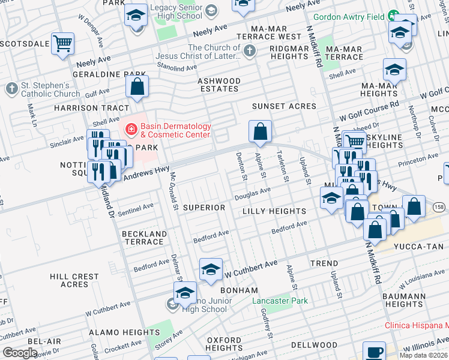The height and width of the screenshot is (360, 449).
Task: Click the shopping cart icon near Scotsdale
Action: coord(63,44)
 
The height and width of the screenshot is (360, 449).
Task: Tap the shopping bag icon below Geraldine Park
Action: coord(137,86)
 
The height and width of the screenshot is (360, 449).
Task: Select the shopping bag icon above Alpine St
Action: coord(260,131)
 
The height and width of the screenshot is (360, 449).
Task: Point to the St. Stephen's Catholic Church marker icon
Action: coord(11,89)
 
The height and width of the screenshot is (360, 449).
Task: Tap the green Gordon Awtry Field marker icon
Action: coord(393,16)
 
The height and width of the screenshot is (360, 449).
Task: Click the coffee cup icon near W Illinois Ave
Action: coord(375,352)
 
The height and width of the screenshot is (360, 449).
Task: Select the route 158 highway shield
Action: coord(439,207)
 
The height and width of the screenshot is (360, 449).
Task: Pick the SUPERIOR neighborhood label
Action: coord(203,208)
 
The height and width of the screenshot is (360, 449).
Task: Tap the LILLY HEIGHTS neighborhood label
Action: coord(274,211)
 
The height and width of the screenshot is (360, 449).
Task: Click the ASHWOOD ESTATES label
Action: coord(219,85)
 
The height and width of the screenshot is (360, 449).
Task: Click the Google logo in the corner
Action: coord(20,353)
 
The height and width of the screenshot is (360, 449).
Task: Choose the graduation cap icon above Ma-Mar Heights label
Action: coord(394,70)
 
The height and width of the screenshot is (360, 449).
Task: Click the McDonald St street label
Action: coord(173,191)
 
